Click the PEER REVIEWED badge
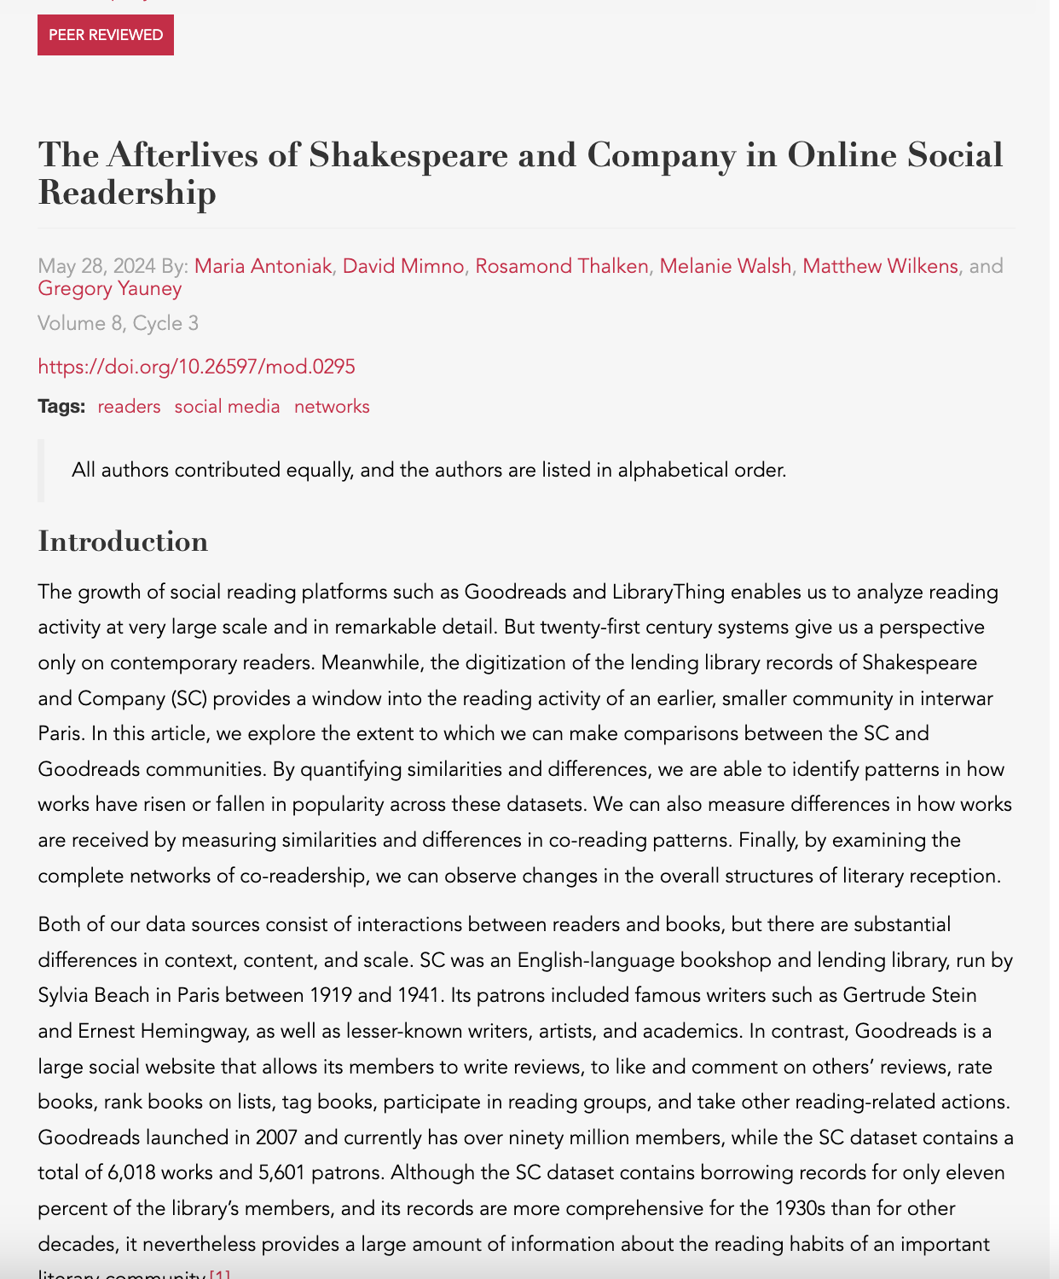tap(106, 35)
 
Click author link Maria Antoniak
tap(263, 266)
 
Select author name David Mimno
tap(403, 266)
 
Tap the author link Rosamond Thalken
tap(562, 266)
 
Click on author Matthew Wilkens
tap(880, 266)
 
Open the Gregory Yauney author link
tap(110, 288)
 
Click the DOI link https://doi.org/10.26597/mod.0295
tap(196, 367)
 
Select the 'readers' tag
tap(129, 407)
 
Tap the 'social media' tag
tap(227, 407)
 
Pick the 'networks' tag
tap(332, 407)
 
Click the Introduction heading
tap(123, 541)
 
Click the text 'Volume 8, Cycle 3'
tap(118, 323)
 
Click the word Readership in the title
tap(127, 193)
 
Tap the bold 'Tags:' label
tap(61, 407)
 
